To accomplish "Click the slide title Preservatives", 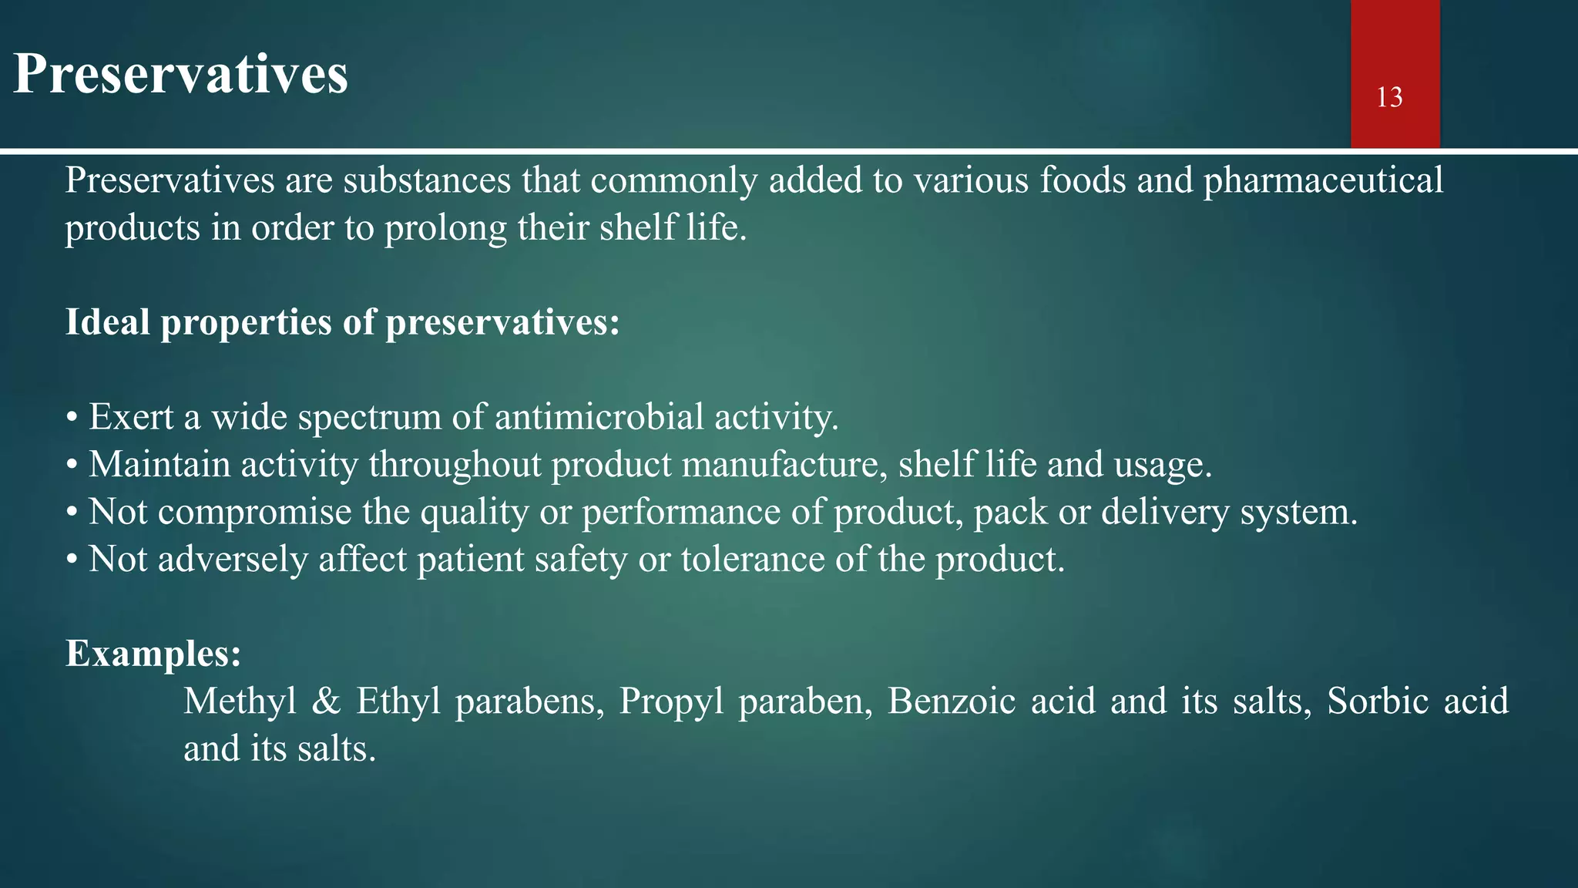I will (x=181, y=75).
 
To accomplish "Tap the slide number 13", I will (x=1389, y=98).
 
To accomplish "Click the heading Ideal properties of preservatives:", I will (x=342, y=322).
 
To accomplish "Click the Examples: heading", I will (x=153, y=654).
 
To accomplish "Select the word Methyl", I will (x=240, y=701).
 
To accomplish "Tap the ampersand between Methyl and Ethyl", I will (x=327, y=701).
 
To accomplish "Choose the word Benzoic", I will (x=951, y=701).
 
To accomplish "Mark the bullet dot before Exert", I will (x=72, y=419).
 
